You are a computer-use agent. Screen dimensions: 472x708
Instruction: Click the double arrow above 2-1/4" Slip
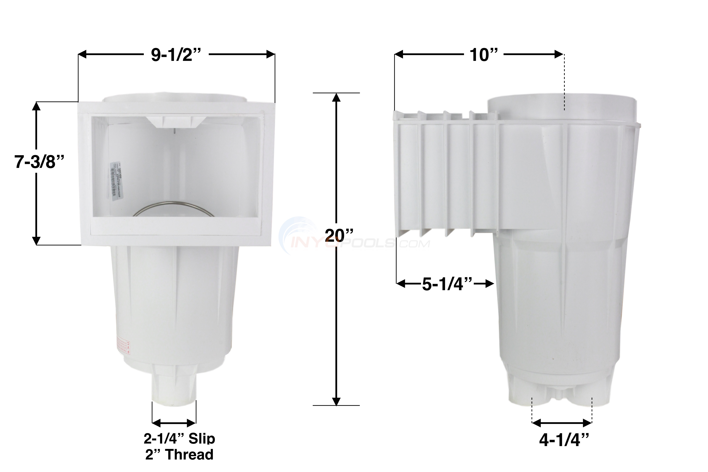click(174, 423)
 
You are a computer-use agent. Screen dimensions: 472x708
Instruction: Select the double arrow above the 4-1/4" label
click(562, 423)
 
